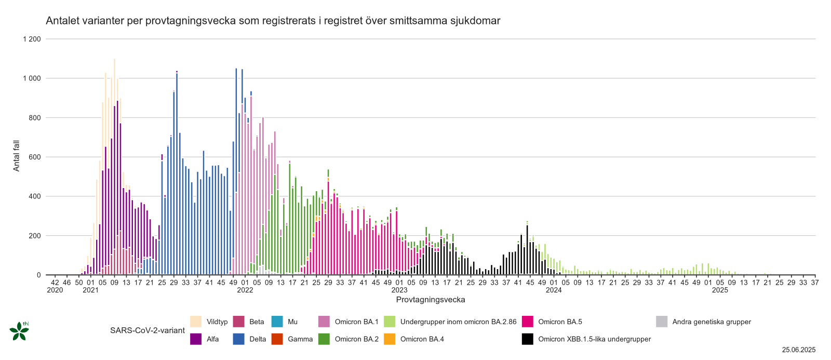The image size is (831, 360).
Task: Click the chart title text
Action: (273, 21)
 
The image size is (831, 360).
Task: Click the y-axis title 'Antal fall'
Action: (16, 156)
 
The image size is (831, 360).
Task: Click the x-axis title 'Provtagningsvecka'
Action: (431, 300)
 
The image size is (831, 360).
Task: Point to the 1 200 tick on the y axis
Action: (32, 39)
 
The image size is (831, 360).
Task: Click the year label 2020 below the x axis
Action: (55, 290)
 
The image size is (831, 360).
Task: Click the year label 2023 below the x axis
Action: (399, 290)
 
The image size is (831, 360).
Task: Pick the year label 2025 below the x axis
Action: (720, 290)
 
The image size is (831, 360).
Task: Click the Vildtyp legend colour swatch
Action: (196, 322)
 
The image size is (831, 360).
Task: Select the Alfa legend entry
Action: (212, 339)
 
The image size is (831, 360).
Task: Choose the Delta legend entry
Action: (257, 339)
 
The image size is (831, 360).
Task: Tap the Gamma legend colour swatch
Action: (277, 339)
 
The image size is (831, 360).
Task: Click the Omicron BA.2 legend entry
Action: (356, 339)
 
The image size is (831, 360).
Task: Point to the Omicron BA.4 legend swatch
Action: (390, 339)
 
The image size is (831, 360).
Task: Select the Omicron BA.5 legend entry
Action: (560, 322)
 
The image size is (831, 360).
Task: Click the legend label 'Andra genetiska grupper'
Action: (712, 322)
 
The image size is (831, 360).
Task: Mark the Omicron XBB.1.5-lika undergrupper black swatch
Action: (528, 339)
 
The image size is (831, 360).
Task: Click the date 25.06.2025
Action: (799, 350)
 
